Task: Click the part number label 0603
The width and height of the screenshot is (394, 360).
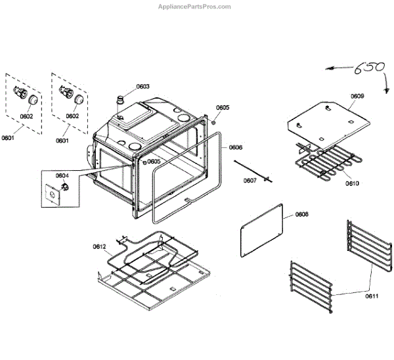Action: pos(142,87)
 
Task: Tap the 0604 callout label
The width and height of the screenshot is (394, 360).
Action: pos(62,175)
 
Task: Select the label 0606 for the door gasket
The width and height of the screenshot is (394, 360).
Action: pos(236,147)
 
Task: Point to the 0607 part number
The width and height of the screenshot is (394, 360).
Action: pos(250,180)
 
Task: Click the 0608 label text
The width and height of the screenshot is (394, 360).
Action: pos(301,215)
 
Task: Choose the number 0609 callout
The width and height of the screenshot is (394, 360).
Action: pos(357,96)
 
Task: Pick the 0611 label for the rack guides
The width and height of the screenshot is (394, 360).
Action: pos(372,297)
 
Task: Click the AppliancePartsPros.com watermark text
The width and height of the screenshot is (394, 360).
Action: pos(194,7)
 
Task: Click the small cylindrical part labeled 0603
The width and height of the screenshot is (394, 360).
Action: pos(121,101)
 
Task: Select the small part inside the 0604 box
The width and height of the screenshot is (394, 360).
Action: pos(63,189)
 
